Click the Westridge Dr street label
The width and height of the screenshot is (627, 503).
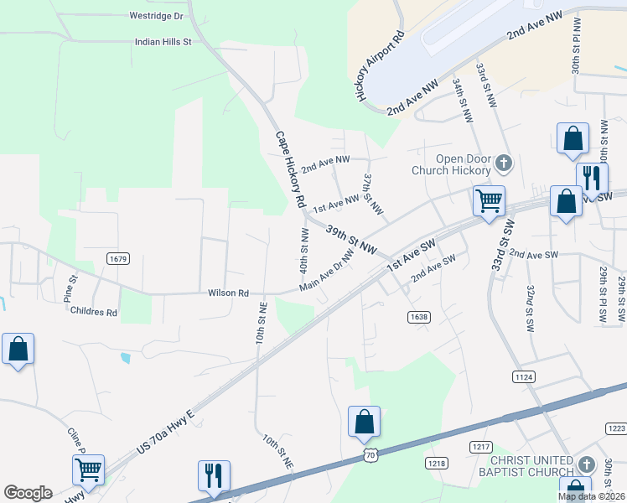coord(156,16)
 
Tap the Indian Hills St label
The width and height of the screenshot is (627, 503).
coord(164,40)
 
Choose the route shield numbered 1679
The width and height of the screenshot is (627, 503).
coord(118,259)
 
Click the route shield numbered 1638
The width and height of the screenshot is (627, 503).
coord(419,316)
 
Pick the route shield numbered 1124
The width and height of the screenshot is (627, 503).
coord(523,378)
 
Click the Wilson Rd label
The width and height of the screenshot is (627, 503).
coord(229,293)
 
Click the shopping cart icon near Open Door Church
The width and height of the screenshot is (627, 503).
coord(489,200)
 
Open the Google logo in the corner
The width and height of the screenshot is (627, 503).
coord(28,493)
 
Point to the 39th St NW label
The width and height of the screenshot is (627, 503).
coord(352,241)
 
